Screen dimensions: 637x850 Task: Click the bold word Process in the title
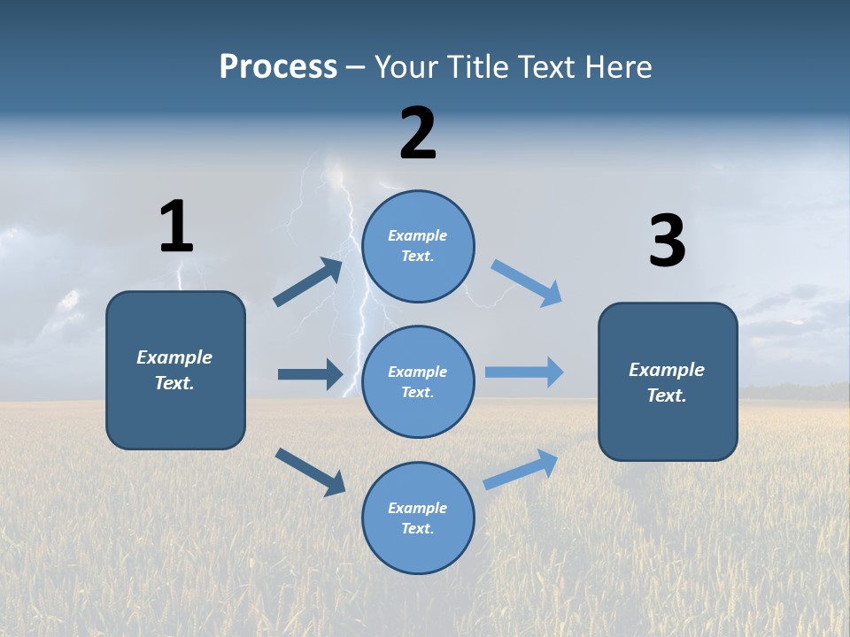pyautogui.click(x=278, y=67)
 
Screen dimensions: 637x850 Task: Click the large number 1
pyautogui.click(x=176, y=226)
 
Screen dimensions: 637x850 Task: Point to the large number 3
pyautogui.click(x=667, y=242)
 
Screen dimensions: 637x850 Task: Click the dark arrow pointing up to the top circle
pyautogui.click(x=308, y=282)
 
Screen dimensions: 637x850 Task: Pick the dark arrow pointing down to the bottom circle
pyautogui.click(x=311, y=472)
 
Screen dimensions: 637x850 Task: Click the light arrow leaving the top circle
pyautogui.click(x=526, y=283)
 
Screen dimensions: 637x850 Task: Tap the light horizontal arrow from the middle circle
pyautogui.click(x=524, y=372)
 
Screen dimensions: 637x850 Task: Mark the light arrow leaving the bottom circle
pyautogui.click(x=521, y=469)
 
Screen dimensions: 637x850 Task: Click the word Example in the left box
pyautogui.click(x=174, y=357)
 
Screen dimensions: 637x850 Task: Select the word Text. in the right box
pyautogui.click(x=667, y=395)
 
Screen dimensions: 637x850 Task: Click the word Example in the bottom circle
pyautogui.click(x=418, y=508)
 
